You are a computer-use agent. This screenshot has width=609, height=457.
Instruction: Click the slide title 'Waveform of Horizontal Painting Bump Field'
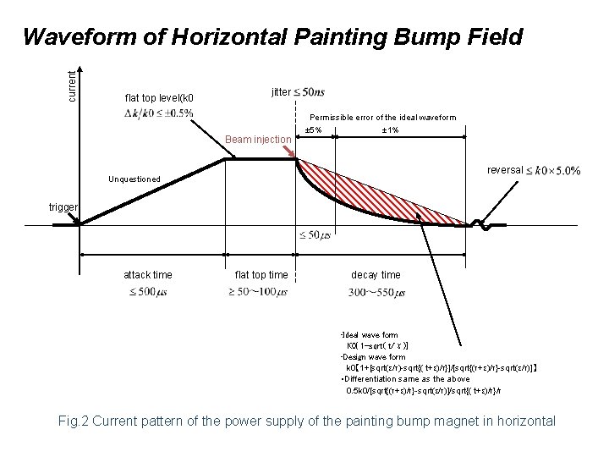pos(272,37)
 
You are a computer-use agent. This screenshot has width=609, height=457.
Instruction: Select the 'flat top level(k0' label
pos(159,97)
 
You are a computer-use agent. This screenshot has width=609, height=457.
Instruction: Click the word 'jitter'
pos(282,91)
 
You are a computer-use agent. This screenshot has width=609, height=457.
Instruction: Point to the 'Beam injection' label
pos(257,139)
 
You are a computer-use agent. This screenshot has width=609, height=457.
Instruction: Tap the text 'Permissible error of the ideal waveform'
pos(383,118)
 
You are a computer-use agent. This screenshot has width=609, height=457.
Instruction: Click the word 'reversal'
pos(505,170)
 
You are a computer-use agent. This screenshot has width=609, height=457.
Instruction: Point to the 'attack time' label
pos(148,275)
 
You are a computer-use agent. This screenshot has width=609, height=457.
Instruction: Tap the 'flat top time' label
pos(261,275)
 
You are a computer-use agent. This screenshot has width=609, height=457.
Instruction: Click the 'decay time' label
pos(376,275)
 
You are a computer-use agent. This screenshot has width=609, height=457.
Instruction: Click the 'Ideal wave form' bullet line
pos(369,335)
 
